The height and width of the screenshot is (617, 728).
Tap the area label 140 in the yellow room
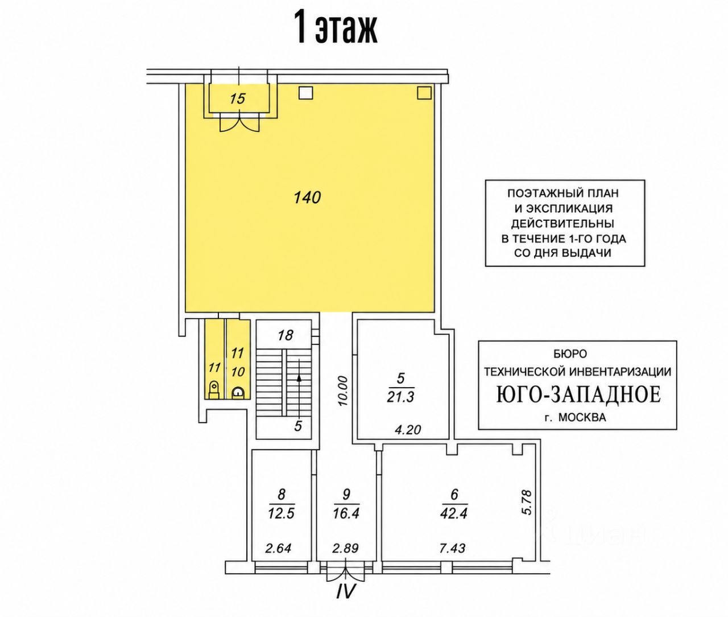(x=307, y=198)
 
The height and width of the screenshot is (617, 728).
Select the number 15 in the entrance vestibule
(x=237, y=98)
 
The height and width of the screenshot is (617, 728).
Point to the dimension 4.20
(x=408, y=429)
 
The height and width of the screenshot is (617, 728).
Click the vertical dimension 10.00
(x=343, y=391)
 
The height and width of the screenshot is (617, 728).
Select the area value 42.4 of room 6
(x=453, y=513)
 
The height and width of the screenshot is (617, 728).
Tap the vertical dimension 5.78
(x=527, y=503)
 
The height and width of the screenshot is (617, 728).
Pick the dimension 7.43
(x=452, y=548)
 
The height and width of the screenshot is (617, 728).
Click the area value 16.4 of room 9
(x=346, y=513)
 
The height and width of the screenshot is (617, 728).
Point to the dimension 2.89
(x=345, y=548)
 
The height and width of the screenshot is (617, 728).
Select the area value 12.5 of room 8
(x=281, y=513)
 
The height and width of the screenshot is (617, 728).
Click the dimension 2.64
(x=278, y=548)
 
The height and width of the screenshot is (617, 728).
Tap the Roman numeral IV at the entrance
(x=345, y=591)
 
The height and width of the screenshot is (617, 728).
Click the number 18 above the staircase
(x=285, y=335)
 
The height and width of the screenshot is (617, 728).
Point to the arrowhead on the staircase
(x=299, y=378)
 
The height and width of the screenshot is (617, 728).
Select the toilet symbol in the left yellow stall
(x=214, y=390)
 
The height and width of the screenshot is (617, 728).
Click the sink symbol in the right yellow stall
(x=238, y=393)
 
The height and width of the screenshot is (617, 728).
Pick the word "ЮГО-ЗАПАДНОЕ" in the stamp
(x=578, y=394)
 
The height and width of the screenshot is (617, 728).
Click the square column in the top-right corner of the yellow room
(x=424, y=93)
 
